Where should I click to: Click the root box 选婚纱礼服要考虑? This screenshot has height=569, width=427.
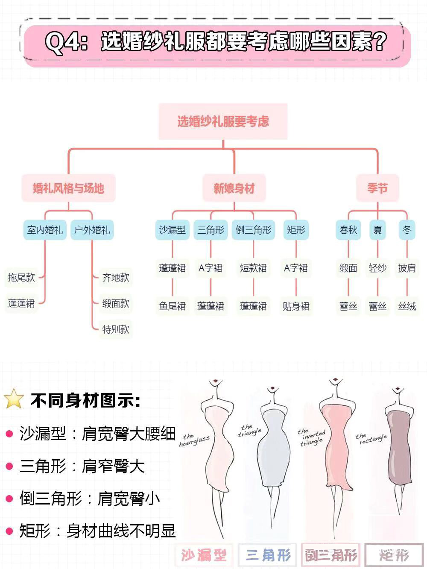[x=223, y=121]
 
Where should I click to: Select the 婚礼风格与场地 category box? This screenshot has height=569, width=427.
[x=68, y=188]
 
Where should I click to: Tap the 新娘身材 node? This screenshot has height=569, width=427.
[x=234, y=188]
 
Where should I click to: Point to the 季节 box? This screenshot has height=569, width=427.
[x=377, y=188]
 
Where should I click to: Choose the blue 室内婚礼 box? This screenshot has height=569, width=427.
[x=45, y=230]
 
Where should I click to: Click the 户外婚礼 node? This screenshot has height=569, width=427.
[x=92, y=230]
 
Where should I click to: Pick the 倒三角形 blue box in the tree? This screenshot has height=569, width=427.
[x=253, y=230]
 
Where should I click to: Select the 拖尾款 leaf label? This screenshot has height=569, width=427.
[x=21, y=278]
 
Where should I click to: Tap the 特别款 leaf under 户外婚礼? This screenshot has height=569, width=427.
[x=116, y=329]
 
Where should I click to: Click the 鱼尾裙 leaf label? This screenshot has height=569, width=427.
[x=173, y=306]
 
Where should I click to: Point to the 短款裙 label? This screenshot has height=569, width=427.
[x=253, y=268]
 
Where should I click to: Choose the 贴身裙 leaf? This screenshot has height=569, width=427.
[x=296, y=306]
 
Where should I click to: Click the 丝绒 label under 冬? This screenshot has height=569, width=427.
[x=407, y=306]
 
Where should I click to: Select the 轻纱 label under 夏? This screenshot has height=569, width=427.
[x=377, y=268]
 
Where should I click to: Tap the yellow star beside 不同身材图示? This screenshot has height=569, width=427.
[x=14, y=399]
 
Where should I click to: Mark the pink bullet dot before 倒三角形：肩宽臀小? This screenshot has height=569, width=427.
[x=9, y=499]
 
